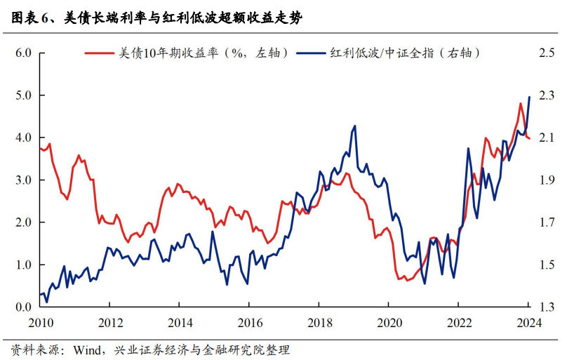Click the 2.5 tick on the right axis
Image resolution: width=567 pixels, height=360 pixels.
tap(547, 53)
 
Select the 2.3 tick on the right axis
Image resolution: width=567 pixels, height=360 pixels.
tap(547, 95)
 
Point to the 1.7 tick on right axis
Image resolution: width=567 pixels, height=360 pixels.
tap(547, 222)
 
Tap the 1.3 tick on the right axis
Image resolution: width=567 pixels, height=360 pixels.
tap(547, 307)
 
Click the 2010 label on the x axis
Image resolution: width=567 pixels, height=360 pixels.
tap(40, 324)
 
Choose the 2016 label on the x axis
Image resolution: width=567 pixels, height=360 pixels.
tap(249, 324)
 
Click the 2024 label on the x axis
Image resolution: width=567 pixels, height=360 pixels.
tap(528, 324)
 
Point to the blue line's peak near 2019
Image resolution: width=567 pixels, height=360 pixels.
tap(354, 126)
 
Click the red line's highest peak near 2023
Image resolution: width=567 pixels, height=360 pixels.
tap(520, 104)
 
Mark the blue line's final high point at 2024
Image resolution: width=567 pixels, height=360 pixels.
tap(528, 97)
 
